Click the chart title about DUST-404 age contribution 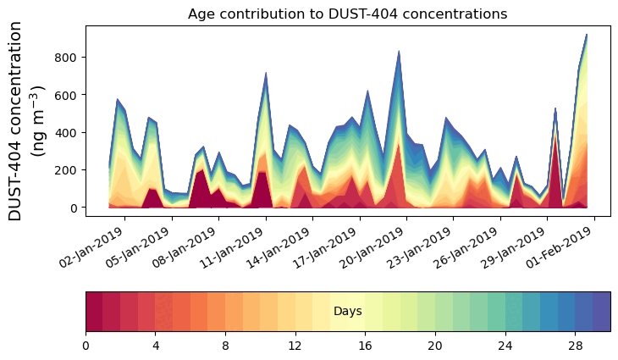tap(347, 14)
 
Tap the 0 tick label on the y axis tap(74, 208)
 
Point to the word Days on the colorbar tap(347, 312)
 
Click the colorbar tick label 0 tap(86, 346)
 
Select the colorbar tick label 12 tap(295, 346)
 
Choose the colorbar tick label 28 tap(575, 346)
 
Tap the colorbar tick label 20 tap(435, 346)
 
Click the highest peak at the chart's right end tap(586, 36)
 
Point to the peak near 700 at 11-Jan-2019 tap(266, 74)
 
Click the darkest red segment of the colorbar tap(94, 312)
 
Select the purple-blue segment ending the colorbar tap(602, 312)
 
